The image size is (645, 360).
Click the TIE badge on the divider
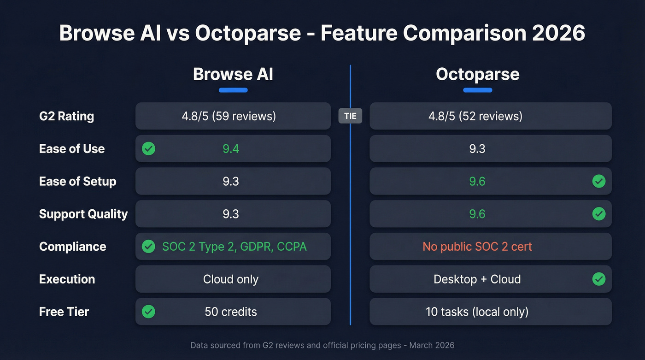pyautogui.click(x=350, y=116)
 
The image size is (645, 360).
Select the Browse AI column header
pyautogui.click(x=233, y=74)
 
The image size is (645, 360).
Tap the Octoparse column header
pyautogui.click(x=477, y=74)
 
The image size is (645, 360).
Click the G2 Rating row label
pyautogui.click(x=66, y=116)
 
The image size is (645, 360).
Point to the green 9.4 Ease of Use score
pyautogui.click(x=231, y=149)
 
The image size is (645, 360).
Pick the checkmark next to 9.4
pyautogui.click(x=148, y=149)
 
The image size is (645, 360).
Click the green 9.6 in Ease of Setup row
pyautogui.click(x=477, y=182)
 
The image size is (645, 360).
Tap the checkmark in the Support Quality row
pyautogui.click(x=598, y=214)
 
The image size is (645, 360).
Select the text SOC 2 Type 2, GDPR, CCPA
pyautogui.click(x=234, y=247)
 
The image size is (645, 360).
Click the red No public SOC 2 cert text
pyautogui.click(x=477, y=247)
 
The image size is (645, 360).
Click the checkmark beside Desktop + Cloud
pyautogui.click(x=598, y=279)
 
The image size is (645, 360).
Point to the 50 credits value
pyautogui.click(x=231, y=312)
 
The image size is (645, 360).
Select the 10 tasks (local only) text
pyautogui.click(x=477, y=312)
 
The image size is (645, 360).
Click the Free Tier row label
pyautogui.click(x=64, y=312)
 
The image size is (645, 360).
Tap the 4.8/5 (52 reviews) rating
pyautogui.click(x=475, y=116)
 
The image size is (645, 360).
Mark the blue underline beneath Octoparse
pyautogui.click(x=477, y=90)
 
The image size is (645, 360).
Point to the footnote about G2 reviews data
pyautogui.click(x=322, y=345)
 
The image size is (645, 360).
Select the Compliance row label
pyautogui.click(x=72, y=247)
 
